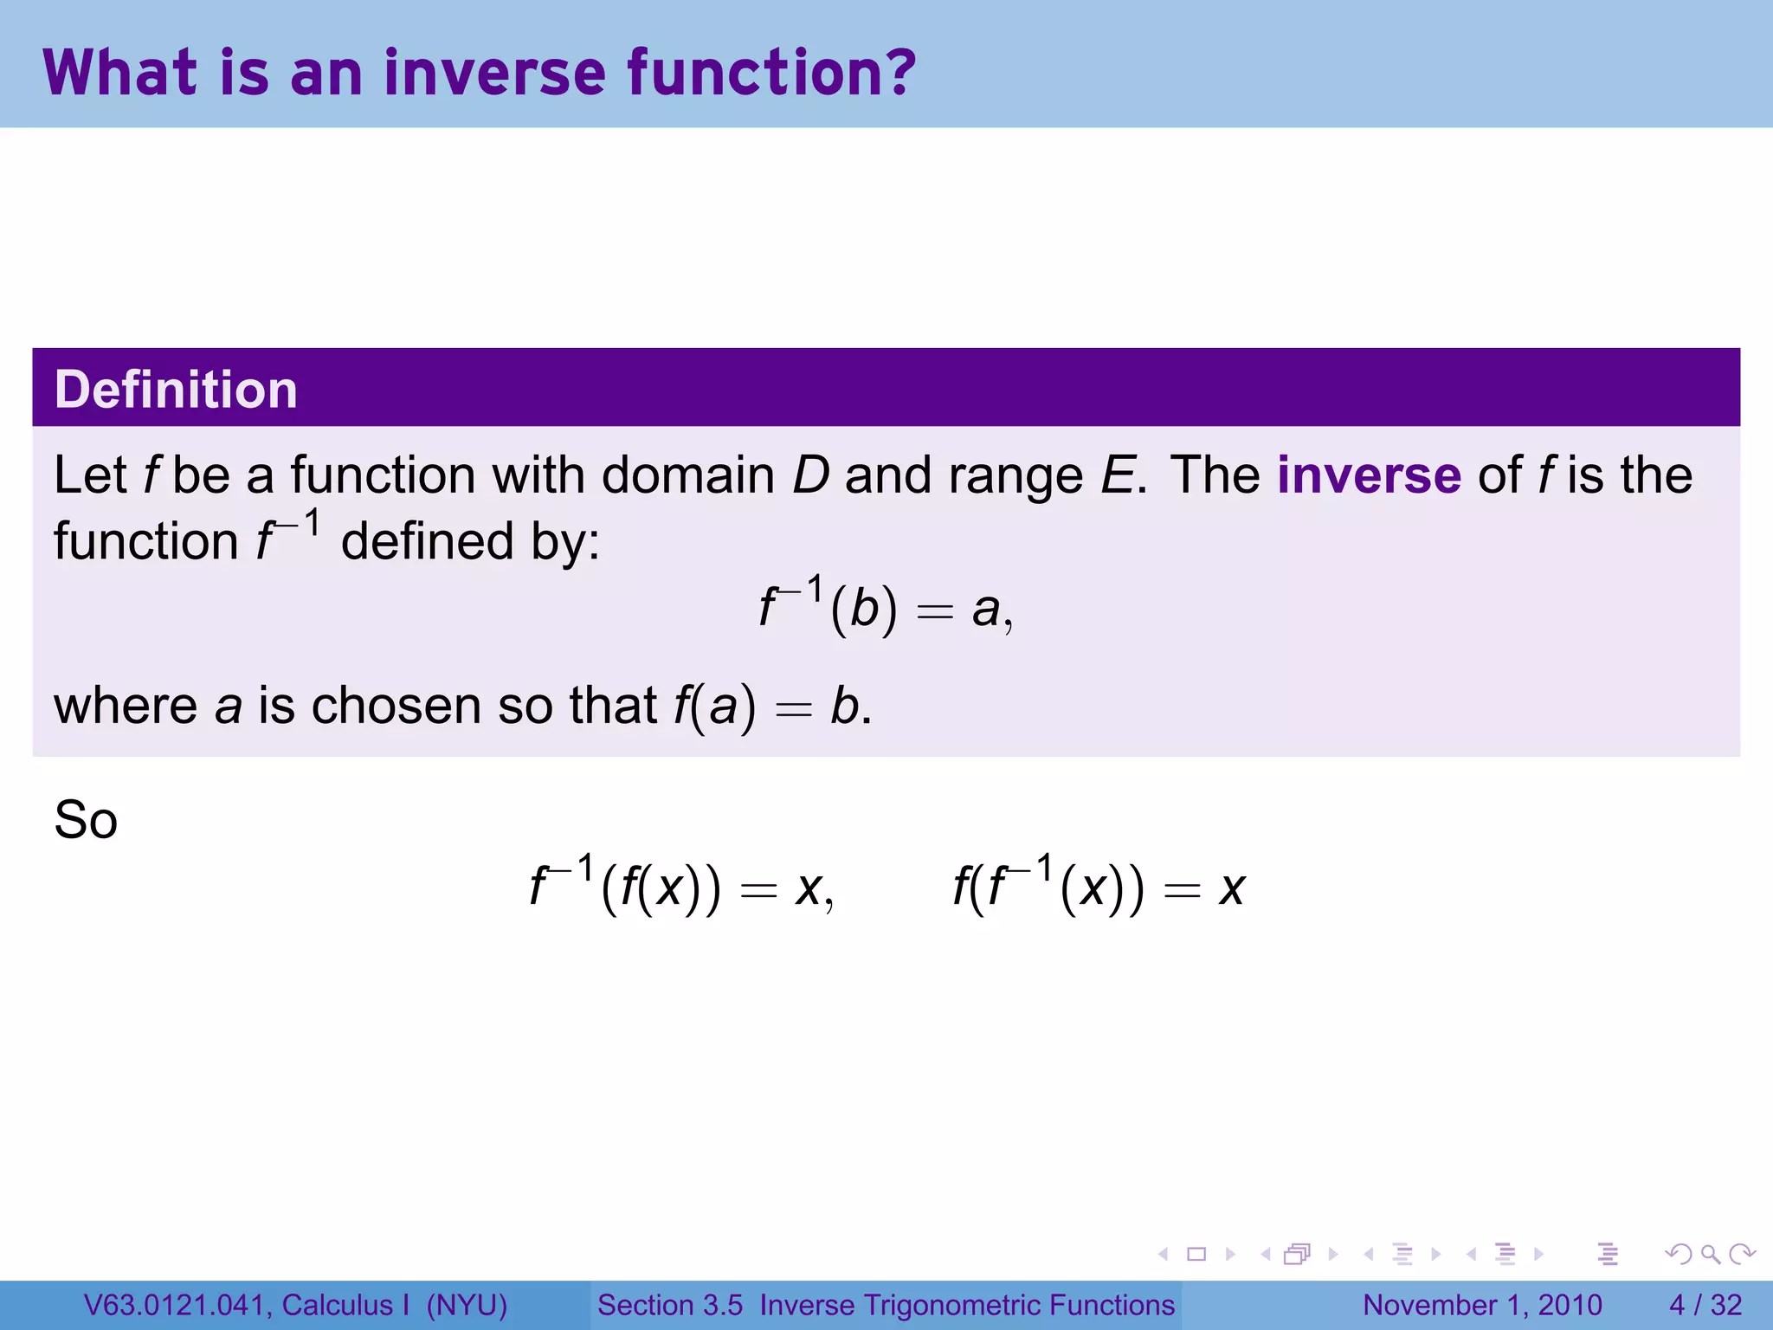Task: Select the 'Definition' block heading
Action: tap(176, 389)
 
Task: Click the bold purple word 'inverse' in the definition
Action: tap(1369, 475)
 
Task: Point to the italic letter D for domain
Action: tap(811, 475)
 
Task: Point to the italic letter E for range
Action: tap(1119, 475)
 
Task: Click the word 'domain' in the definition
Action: tap(687, 475)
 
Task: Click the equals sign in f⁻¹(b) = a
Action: tap(935, 612)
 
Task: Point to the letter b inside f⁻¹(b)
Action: tap(864, 609)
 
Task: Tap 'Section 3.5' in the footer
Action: tap(669, 1305)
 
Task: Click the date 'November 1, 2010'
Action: tap(1482, 1305)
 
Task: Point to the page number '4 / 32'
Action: tap(1705, 1305)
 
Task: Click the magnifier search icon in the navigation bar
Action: tap(1710, 1254)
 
